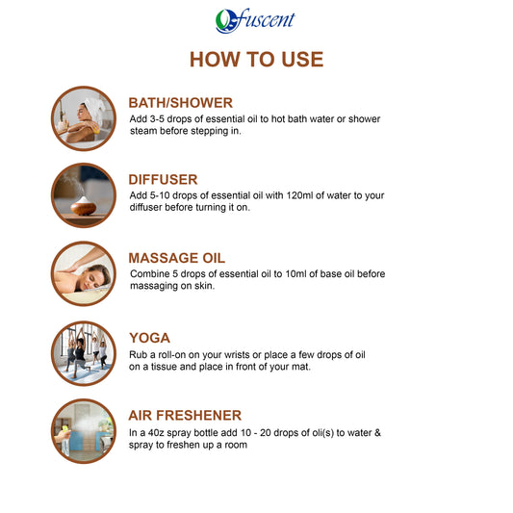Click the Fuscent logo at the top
(x=255, y=20)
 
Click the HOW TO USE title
(x=256, y=60)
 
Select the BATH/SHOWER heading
(x=180, y=103)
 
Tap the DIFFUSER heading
(x=163, y=179)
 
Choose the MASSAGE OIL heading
(x=177, y=258)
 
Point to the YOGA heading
(x=149, y=338)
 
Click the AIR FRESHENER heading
(x=185, y=415)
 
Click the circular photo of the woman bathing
(x=84, y=118)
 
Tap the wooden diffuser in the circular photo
(x=84, y=206)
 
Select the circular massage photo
(x=84, y=273)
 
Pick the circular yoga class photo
(x=84, y=353)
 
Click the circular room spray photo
(x=84, y=431)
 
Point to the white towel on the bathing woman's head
(x=94, y=109)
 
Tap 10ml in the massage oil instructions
(x=295, y=273)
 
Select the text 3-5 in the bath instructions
(x=157, y=118)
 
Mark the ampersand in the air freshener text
(x=377, y=432)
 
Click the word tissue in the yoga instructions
(x=164, y=367)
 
